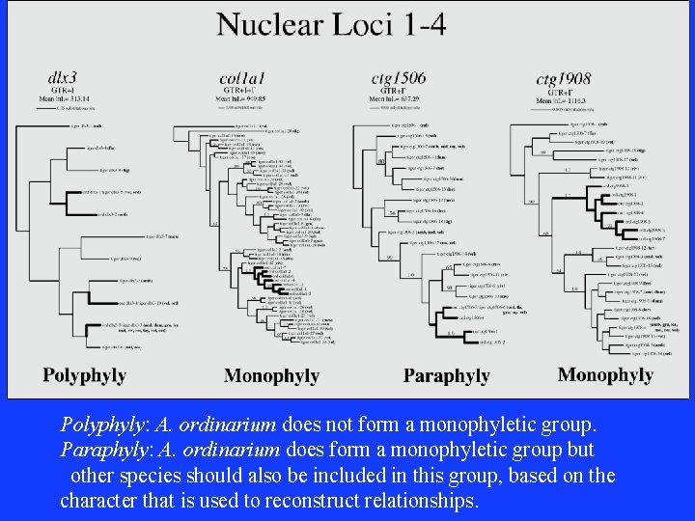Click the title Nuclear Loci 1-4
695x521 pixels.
click(x=331, y=23)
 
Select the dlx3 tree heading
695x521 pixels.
click(x=64, y=76)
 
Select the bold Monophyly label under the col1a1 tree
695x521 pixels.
click(x=271, y=374)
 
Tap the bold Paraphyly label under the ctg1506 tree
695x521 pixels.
click(x=446, y=374)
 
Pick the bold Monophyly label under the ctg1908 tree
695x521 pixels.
click(x=605, y=373)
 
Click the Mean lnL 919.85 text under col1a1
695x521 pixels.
click(x=241, y=98)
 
